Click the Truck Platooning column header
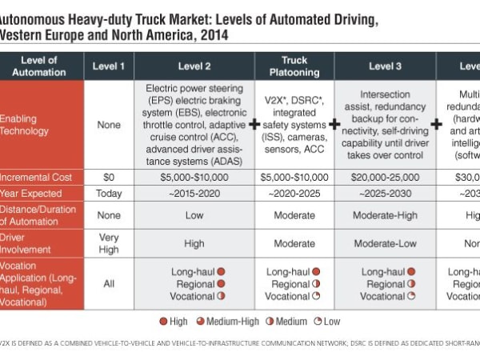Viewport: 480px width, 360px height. [x=294, y=66]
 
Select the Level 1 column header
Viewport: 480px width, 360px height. [x=110, y=66]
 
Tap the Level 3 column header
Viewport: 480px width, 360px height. [x=385, y=66]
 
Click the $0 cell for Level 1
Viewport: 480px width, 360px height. [x=110, y=177]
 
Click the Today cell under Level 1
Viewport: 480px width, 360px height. [x=110, y=194]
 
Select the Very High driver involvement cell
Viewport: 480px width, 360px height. [x=110, y=243]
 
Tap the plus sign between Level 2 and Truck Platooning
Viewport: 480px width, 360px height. [x=254, y=125]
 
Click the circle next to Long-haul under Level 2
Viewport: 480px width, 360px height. [x=221, y=272]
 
